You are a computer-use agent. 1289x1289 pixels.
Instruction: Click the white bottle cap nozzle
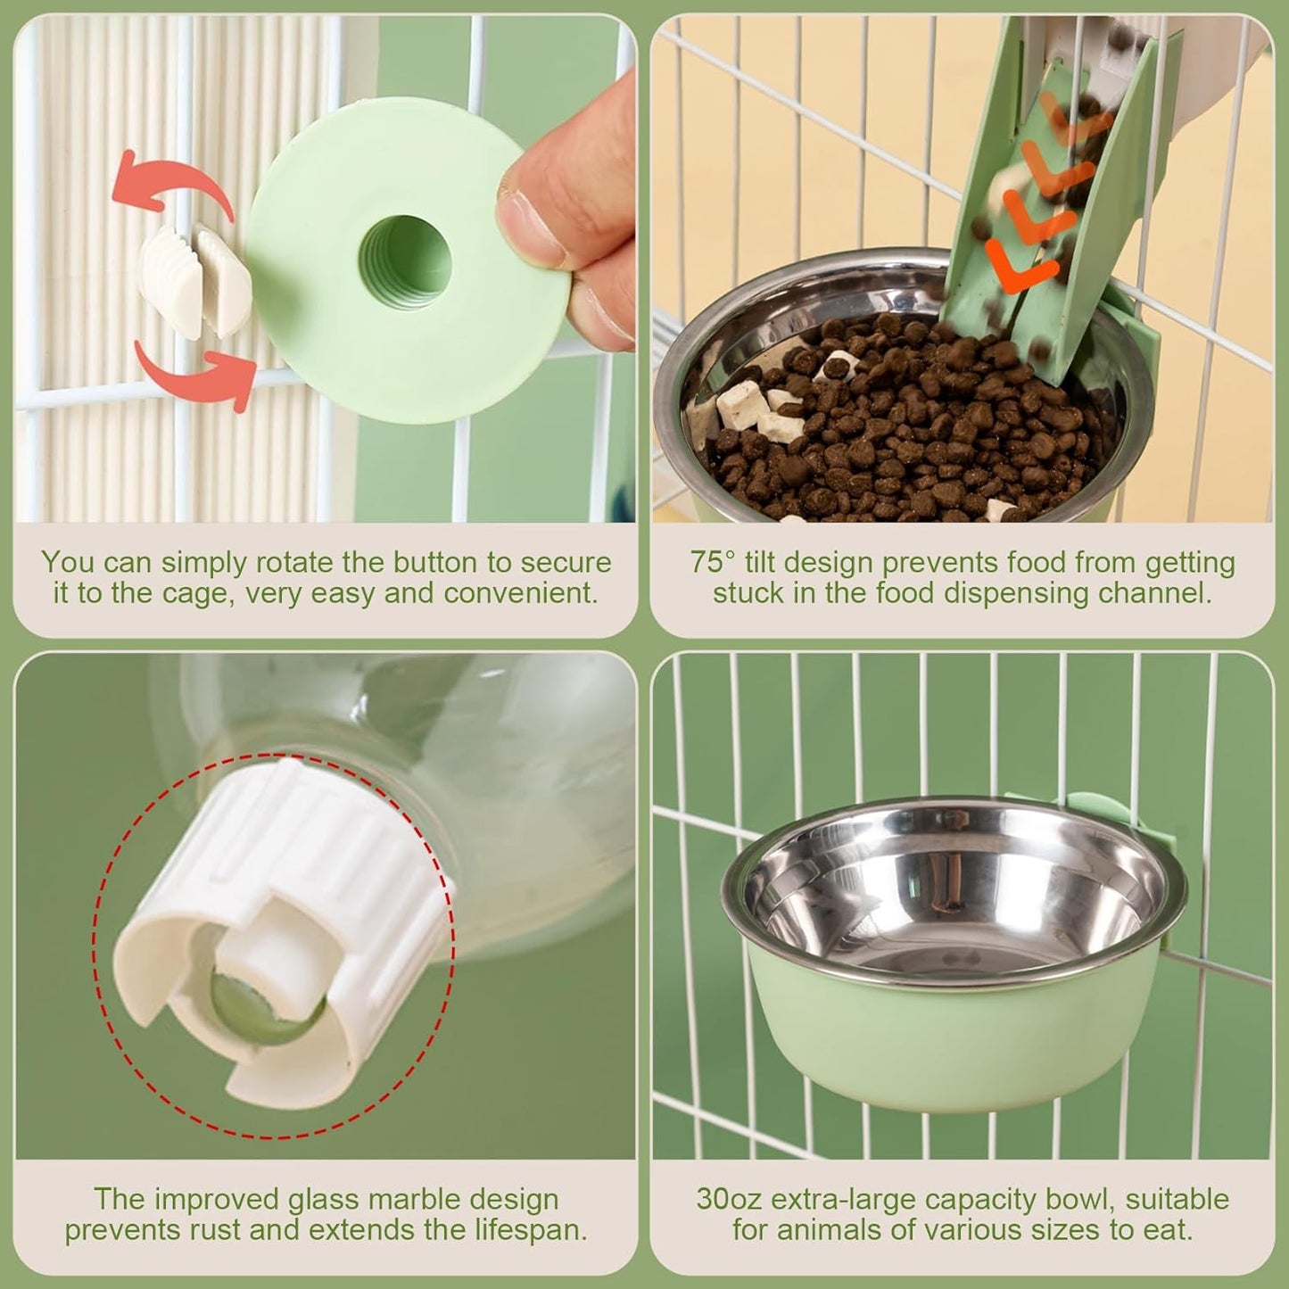pos(277,928)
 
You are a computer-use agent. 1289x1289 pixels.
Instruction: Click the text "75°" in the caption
pos(713,563)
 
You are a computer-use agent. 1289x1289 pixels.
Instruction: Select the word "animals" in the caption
pos(836,1231)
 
